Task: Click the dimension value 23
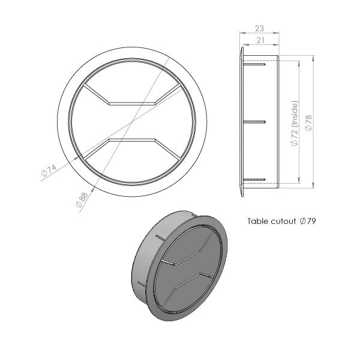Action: point(259,28)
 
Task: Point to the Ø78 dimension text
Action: point(308,122)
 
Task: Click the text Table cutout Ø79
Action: point(281,221)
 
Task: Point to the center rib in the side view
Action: point(254,122)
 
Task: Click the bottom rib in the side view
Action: point(254,179)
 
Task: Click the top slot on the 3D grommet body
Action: point(159,238)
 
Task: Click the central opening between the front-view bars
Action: point(131,122)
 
